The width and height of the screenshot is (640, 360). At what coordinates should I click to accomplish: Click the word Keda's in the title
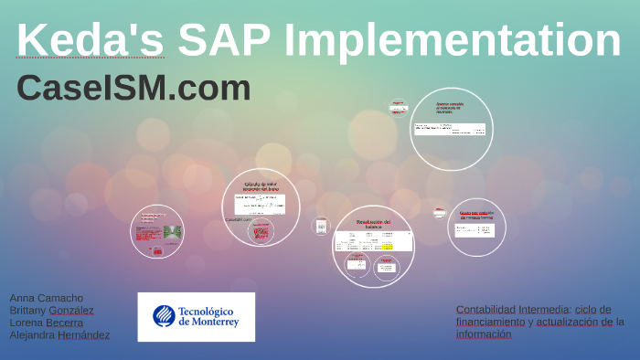click(90, 41)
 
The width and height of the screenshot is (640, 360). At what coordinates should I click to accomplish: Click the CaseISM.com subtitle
click(133, 88)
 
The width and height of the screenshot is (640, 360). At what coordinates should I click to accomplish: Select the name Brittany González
click(51, 311)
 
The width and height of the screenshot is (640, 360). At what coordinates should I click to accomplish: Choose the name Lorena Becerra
click(46, 323)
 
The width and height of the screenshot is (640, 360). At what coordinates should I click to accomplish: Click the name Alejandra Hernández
click(59, 334)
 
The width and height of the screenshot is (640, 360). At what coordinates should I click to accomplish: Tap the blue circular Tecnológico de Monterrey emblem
click(164, 316)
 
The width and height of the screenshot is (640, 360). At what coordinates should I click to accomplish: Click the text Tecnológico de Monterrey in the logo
click(209, 316)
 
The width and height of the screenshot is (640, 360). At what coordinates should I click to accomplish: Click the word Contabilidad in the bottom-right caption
click(485, 309)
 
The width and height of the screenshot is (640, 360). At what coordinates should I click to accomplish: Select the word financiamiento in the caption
click(491, 322)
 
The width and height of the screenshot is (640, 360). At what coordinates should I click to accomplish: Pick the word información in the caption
click(484, 334)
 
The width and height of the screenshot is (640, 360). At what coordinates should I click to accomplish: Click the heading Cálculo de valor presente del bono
click(261, 186)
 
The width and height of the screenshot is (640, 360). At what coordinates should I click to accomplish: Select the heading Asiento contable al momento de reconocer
click(450, 107)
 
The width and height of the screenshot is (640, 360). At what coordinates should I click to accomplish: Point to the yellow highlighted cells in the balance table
click(387, 247)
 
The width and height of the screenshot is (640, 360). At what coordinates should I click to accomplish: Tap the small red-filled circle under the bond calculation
click(261, 233)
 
